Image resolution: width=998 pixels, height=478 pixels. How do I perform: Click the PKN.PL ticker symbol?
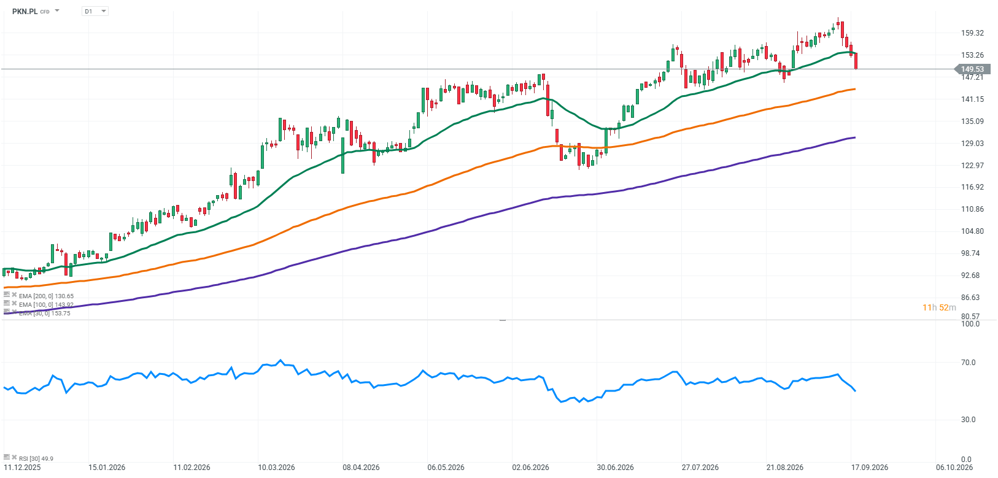[x=25, y=11]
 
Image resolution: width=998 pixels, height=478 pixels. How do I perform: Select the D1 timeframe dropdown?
[x=95, y=11]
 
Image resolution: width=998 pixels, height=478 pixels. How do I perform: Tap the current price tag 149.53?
[x=972, y=69]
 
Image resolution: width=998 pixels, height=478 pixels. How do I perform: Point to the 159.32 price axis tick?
[x=972, y=33]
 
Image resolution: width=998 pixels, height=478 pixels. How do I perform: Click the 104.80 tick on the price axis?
[x=972, y=231]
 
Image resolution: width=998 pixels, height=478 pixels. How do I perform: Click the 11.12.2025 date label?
[x=22, y=468]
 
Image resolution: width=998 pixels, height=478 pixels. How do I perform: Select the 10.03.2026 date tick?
[x=276, y=468]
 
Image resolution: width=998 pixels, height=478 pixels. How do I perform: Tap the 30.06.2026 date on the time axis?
[x=615, y=468]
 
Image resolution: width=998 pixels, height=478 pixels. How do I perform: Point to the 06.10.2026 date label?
[x=954, y=468]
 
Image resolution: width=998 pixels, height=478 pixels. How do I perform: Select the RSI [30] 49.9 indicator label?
[x=36, y=458]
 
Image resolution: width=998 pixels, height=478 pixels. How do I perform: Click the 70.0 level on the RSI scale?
[x=968, y=363]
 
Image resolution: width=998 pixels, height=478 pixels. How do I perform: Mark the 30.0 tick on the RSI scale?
[x=968, y=420]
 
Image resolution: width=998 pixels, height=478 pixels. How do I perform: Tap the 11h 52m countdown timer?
[x=939, y=307]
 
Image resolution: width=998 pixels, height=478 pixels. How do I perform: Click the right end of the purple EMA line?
[x=855, y=137]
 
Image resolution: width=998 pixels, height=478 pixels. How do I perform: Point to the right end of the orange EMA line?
[x=855, y=89]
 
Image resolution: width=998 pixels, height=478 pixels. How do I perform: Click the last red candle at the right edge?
[x=856, y=61]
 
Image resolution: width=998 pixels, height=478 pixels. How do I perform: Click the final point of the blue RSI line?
[x=856, y=391]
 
